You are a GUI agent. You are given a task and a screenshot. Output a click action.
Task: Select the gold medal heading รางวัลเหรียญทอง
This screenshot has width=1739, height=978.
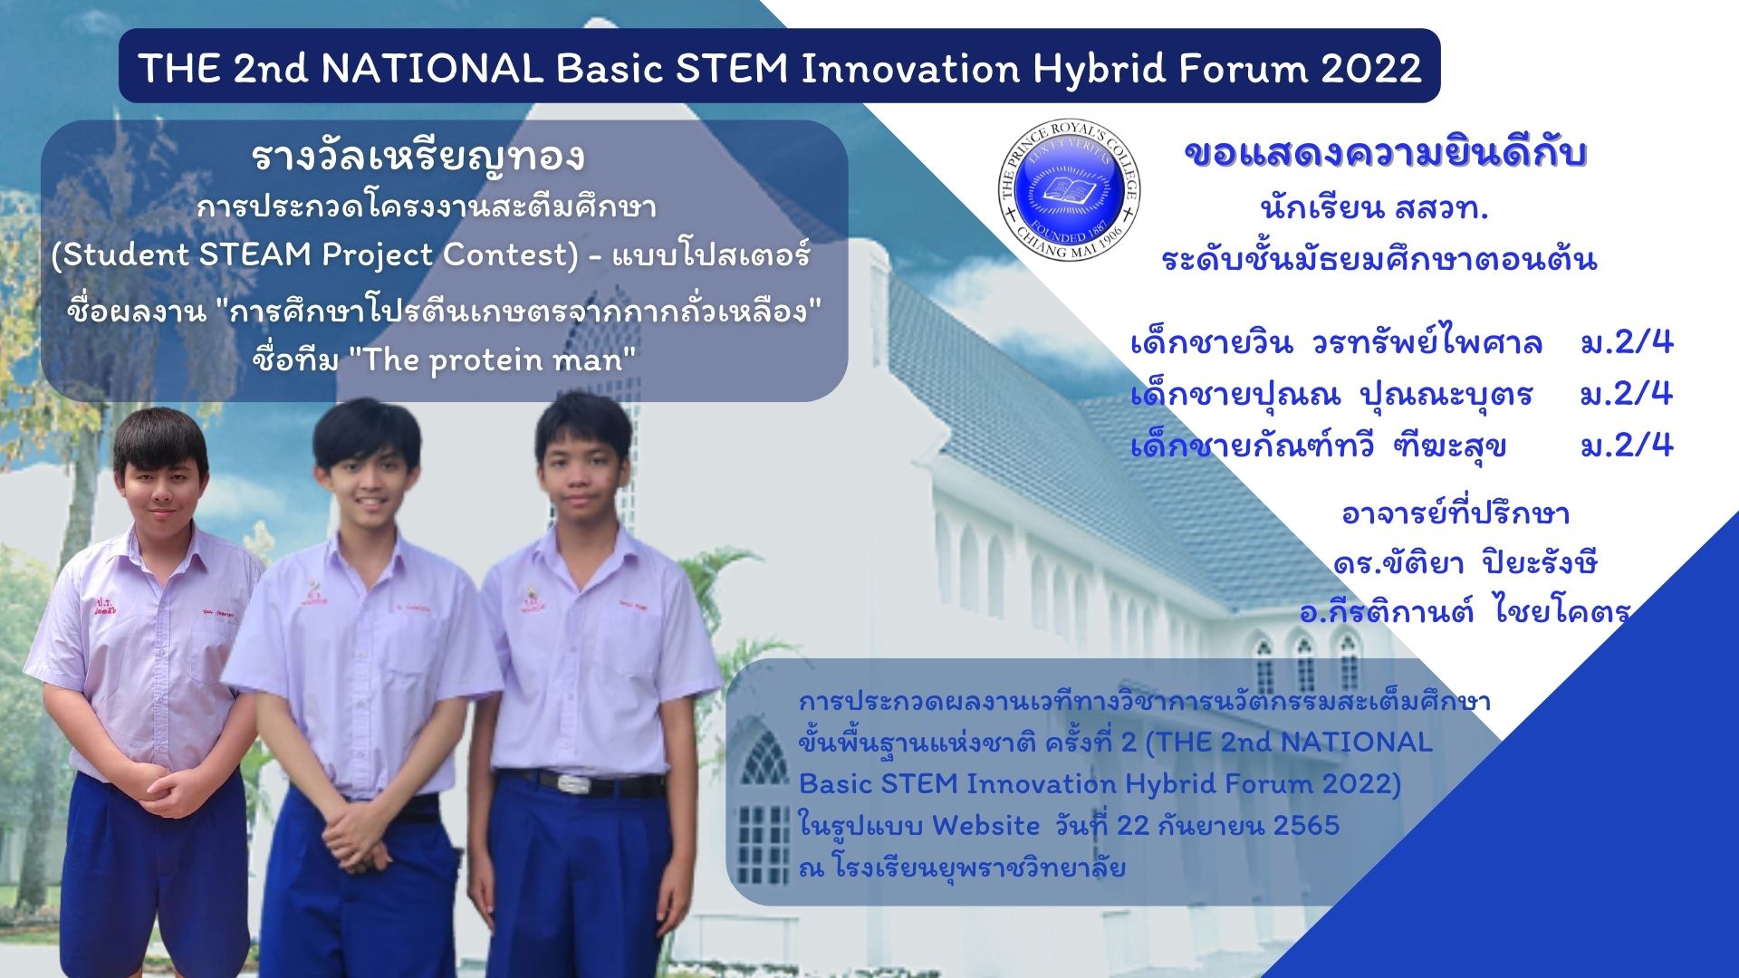coord(418,158)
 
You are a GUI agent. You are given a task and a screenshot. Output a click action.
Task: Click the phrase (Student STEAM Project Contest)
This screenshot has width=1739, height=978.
coord(314,255)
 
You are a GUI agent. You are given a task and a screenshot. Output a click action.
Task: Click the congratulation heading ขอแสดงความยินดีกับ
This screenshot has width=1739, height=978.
coord(1386,154)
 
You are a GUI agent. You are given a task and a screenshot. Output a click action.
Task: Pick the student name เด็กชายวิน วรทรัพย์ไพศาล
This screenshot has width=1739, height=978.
coord(1336,343)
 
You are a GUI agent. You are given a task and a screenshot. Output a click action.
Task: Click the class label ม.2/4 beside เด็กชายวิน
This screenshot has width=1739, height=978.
coord(1627,342)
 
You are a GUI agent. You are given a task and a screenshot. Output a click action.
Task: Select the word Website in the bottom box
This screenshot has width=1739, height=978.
coord(985,825)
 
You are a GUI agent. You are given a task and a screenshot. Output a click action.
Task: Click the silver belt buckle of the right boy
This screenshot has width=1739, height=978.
coord(573,782)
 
